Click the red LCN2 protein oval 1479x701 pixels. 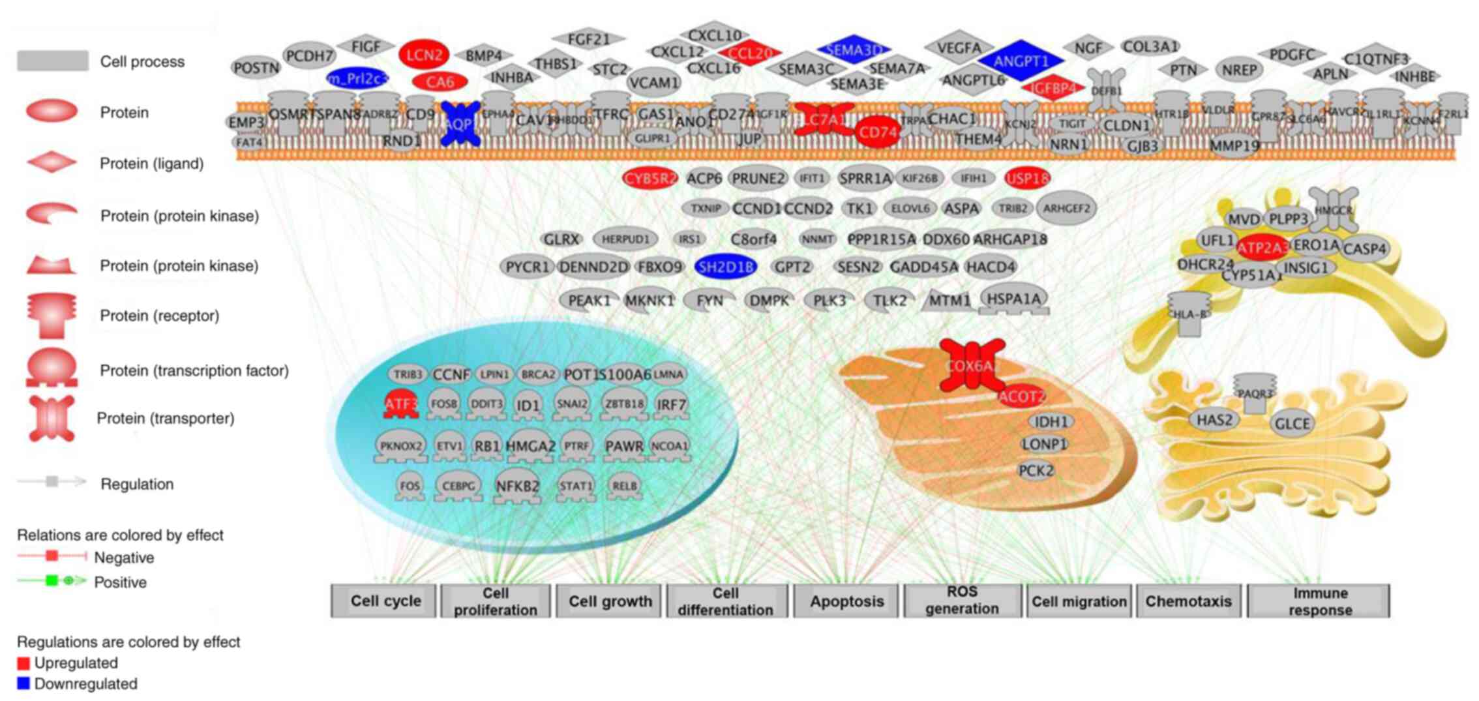tap(424, 55)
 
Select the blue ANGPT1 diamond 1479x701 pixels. tap(1021, 62)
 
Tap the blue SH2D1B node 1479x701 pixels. tap(726, 267)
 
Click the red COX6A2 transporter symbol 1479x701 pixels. tap(972, 366)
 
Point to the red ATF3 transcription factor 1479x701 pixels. tap(400, 404)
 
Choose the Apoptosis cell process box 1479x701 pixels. tap(846, 601)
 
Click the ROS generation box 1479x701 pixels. tap(962, 601)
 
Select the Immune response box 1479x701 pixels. tap(1319, 601)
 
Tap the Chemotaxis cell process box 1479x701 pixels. tap(1188, 601)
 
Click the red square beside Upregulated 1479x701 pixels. tap(23, 663)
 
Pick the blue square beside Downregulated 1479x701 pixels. tap(23, 684)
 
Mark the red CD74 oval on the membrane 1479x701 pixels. tap(878, 132)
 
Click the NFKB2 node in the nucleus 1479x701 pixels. tap(518, 486)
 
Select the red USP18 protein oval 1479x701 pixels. tap(1027, 178)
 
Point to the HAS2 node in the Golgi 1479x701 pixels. tap(1214, 420)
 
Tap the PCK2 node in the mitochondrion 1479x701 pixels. tap(1036, 470)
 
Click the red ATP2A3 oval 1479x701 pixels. tap(1262, 248)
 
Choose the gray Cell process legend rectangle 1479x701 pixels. tap(52, 61)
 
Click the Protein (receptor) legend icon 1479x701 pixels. tap(52, 316)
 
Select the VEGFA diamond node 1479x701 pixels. tap(959, 48)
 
